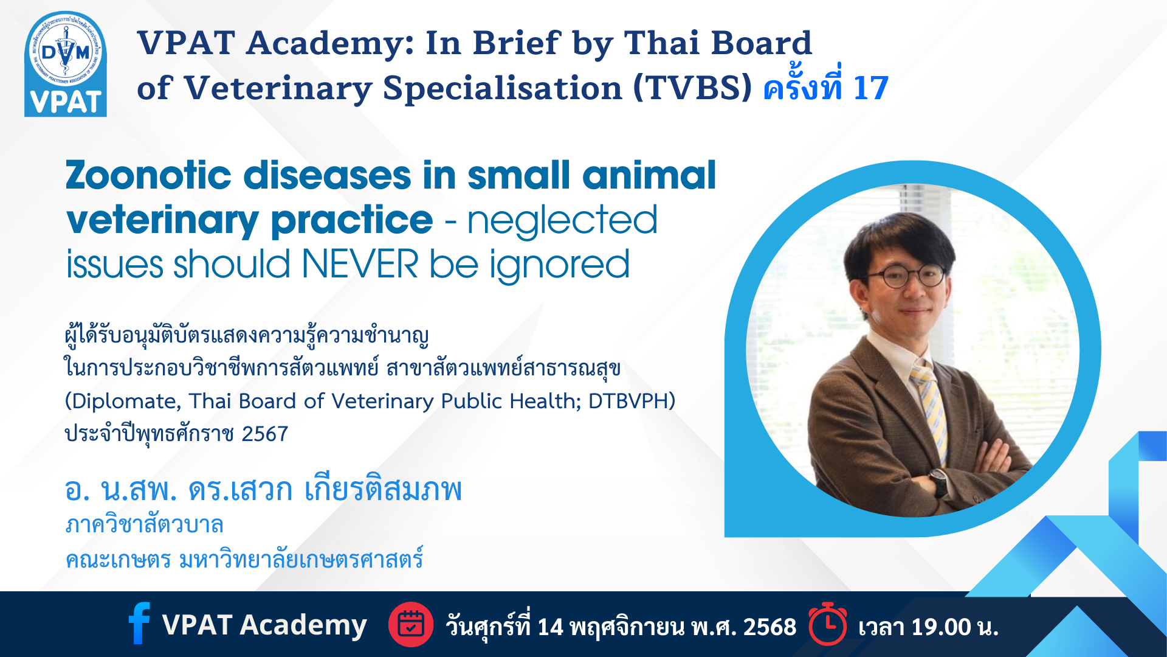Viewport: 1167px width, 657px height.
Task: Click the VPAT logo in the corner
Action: (66, 64)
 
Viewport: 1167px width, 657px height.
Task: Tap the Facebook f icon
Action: (139, 623)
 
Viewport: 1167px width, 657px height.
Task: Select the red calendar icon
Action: (411, 624)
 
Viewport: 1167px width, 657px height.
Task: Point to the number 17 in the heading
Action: (871, 88)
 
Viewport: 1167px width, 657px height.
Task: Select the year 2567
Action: (265, 434)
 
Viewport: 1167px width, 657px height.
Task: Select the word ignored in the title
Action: (560, 266)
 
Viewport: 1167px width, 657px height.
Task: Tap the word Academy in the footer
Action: (303, 625)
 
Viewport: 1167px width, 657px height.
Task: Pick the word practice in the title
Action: (352, 221)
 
